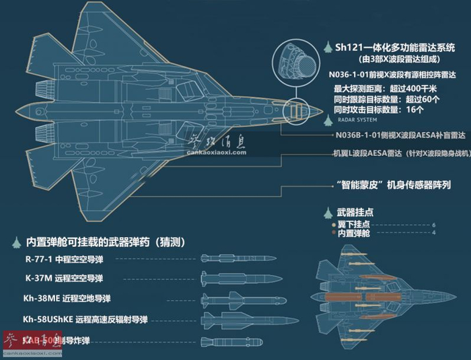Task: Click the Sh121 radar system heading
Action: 399,48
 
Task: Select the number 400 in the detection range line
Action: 415,87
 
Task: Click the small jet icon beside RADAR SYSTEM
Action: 328,122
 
